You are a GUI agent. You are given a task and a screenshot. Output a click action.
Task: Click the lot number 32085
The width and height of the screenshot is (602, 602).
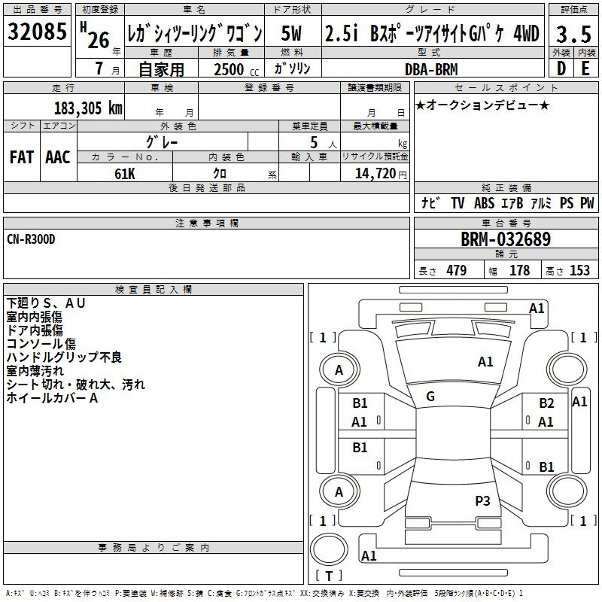tap(38, 34)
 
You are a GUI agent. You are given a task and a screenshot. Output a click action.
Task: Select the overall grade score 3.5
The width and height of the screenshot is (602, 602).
tap(572, 34)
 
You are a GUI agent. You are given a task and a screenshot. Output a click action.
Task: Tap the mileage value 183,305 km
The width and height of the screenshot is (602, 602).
tap(88, 108)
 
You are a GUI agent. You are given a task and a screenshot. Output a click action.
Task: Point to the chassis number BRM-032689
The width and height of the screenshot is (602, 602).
tap(505, 240)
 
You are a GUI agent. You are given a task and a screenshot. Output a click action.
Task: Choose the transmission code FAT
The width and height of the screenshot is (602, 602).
tap(21, 157)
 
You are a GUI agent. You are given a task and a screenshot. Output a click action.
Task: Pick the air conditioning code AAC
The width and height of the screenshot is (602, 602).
tap(57, 157)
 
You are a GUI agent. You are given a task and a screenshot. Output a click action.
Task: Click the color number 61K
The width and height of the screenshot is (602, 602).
tap(125, 173)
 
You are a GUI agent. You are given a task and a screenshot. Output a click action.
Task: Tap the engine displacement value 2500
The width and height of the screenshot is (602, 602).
tap(230, 69)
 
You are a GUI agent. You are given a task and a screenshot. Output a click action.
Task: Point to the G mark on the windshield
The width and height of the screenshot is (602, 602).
tap(430, 397)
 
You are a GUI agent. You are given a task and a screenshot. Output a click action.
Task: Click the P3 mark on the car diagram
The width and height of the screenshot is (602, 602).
tap(482, 500)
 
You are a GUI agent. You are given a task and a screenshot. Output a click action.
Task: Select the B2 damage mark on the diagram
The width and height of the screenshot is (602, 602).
tap(546, 403)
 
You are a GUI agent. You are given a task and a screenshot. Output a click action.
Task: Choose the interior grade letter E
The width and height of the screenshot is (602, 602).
tap(585, 68)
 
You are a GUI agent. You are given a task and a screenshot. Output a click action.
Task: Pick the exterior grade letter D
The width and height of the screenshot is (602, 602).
tap(561, 68)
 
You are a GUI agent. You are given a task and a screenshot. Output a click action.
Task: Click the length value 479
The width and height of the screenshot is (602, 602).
tap(456, 271)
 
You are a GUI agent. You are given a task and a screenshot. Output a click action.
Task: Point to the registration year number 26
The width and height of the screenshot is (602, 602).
tap(99, 39)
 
